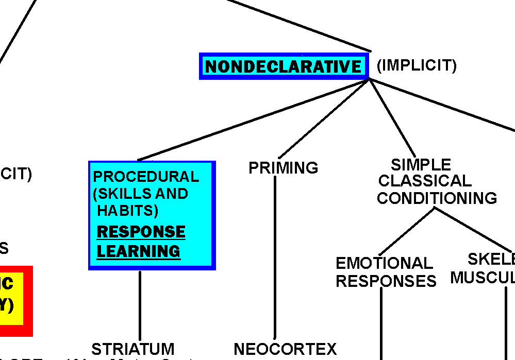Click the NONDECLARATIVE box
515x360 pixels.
tap(284, 66)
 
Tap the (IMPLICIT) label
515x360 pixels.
tap(417, 65)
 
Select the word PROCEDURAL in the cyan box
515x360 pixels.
tap(145, 177)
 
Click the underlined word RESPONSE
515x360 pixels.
tap(141, 232)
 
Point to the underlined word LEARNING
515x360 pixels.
tap(139, 251)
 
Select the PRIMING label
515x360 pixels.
tap(283, 168)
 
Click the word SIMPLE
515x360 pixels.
tap(421, 165)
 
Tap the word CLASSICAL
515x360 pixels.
tap(424, 181)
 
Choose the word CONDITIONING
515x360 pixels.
tap(437, 198)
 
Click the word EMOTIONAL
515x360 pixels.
tap(384, 263)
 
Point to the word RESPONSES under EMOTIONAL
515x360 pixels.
tap(386, 281)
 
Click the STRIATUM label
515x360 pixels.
tap(133, 349)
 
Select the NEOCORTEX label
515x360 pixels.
tap(285, 349)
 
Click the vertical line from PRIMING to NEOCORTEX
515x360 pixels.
tap(275, 258)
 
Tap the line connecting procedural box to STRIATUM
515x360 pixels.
tap(140, 304)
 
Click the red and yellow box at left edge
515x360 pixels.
tap(15, 301)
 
